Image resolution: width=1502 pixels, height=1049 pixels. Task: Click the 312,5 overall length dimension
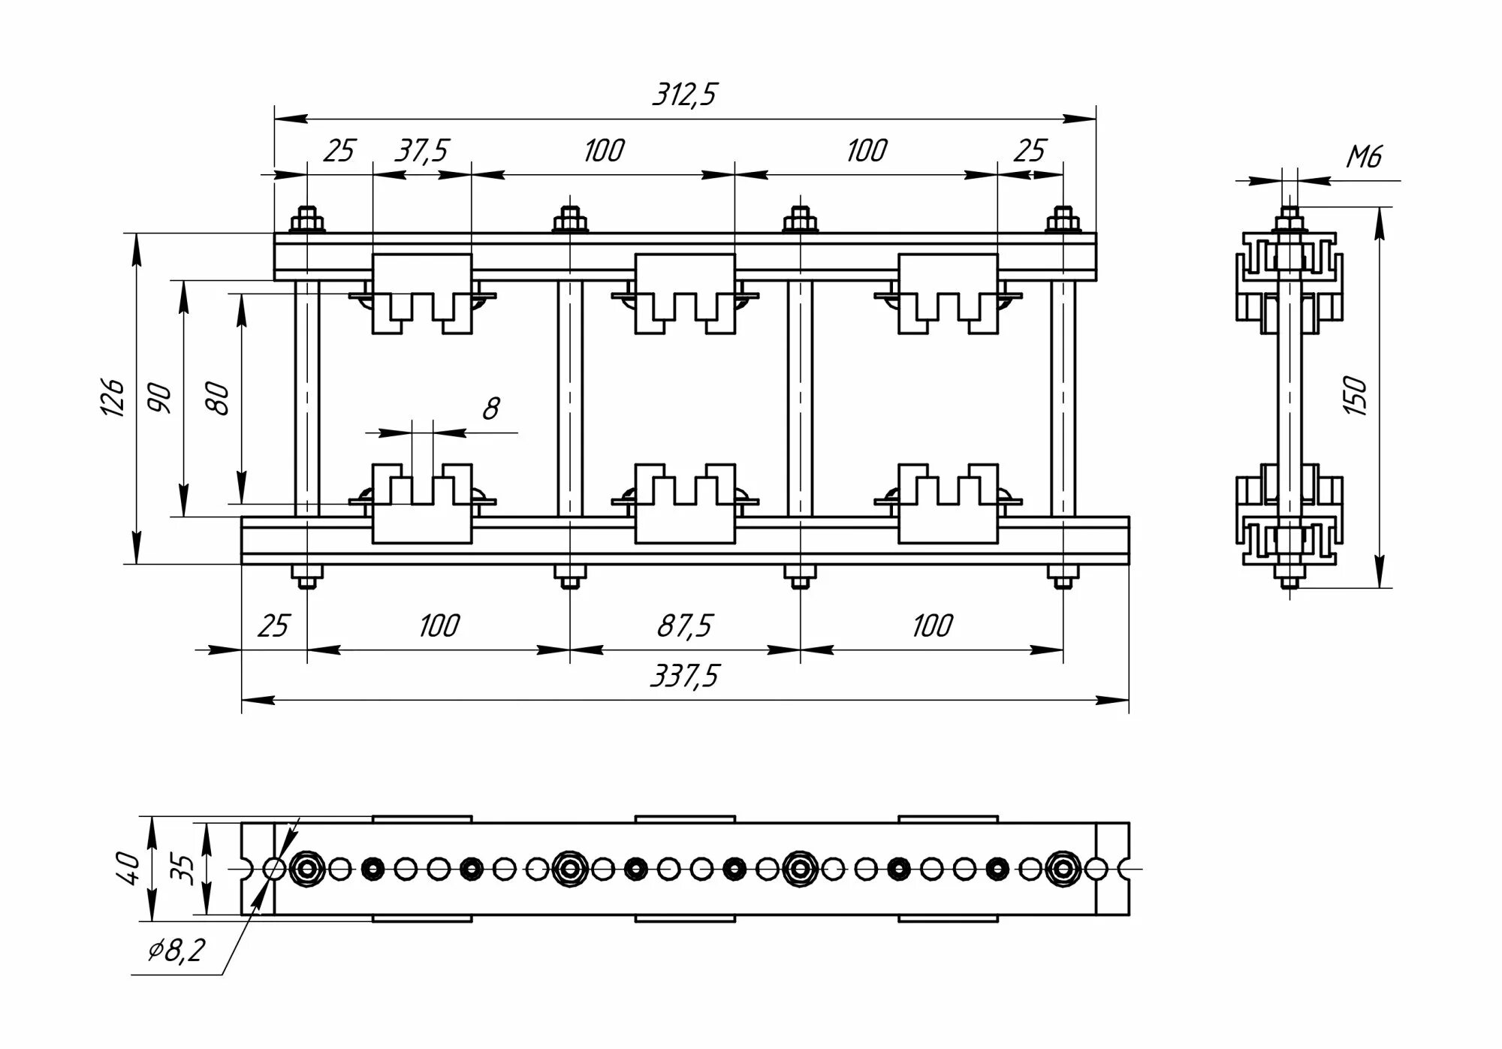[x=684, y=95]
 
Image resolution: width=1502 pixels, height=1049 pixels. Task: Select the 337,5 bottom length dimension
[x=684, y=676]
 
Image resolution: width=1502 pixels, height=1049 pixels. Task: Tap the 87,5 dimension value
[x=684, y=625]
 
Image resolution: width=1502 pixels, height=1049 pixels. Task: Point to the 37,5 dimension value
[x=421, y=151]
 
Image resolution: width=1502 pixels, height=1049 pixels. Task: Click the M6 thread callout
[x=1363, y=157]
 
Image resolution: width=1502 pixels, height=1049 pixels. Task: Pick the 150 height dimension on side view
[x=1357, y=396]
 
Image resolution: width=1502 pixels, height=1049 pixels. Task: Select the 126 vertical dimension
[x=113, y=397]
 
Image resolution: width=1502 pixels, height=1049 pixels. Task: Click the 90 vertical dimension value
[x=160, y=397]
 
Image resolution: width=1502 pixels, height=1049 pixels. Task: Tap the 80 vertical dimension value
[x=217, y=398]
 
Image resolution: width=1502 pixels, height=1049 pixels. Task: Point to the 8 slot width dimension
[x=490, y=409]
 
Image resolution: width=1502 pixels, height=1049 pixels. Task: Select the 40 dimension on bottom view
[x=130, y=868]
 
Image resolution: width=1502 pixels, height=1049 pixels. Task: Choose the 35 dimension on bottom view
[x=183, y=868]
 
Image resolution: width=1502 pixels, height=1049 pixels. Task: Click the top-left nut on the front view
[x=306, y=222]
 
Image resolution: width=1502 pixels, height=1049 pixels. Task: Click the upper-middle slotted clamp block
[x=684, y=293]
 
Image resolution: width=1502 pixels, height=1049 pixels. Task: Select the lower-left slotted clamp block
[x=422, y=503]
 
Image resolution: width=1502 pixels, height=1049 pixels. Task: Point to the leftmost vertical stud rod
[x=306, y=398]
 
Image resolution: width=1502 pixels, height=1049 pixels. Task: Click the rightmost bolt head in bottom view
[x=1062, y=869]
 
